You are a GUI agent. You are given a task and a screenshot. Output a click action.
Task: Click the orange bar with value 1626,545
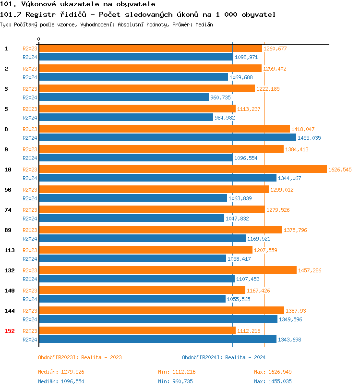182,170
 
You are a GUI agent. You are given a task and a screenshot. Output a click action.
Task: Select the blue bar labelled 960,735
124,97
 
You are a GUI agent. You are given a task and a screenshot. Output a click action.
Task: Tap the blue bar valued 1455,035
167,138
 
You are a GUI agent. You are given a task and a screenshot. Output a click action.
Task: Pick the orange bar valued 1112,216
137,331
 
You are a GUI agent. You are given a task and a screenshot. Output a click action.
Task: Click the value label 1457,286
310,270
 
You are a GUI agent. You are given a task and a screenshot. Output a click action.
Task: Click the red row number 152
10,331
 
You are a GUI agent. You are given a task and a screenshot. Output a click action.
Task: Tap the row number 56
8,190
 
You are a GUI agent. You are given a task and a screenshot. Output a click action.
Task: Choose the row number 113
10,250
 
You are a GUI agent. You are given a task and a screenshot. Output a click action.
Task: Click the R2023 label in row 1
30,49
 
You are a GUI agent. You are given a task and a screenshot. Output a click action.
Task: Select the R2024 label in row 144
30,319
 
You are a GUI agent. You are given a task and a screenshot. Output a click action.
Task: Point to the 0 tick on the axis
39,39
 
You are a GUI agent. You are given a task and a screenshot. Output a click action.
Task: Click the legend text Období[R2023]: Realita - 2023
80,357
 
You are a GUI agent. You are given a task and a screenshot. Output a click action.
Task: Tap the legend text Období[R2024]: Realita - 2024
224,357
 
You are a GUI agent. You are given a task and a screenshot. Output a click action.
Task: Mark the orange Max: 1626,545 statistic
273,372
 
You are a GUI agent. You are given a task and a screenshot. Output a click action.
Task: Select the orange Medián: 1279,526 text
61,372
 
